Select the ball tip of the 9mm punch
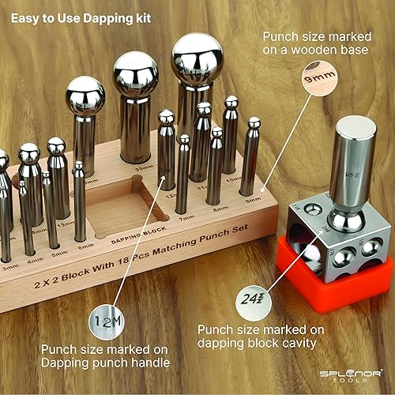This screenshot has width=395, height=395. (254, 123)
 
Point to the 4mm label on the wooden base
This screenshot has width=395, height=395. (33, 251)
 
